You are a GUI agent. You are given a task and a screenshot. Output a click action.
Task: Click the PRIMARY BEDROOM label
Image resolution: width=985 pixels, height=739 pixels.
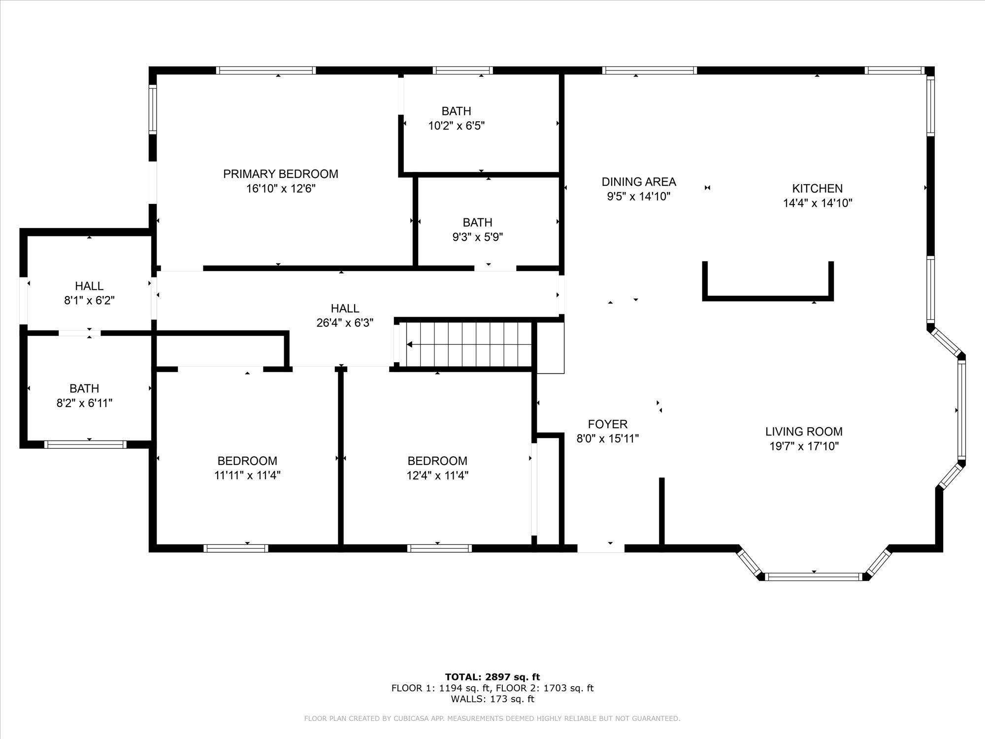(281, 174)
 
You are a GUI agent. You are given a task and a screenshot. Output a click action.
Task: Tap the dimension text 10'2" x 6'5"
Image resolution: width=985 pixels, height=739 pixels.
(457, 126)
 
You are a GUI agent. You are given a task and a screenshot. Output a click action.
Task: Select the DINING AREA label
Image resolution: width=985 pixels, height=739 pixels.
(639, 182)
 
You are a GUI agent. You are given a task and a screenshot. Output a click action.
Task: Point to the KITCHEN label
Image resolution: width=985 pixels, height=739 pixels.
(817, 188)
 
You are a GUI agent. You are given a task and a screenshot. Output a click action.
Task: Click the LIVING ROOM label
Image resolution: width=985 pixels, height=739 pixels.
(804, 432)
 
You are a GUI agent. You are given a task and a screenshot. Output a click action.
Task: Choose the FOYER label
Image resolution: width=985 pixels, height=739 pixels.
(608, 424)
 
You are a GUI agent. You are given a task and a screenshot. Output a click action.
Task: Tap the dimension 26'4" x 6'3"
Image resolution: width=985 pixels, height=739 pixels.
(345, 323)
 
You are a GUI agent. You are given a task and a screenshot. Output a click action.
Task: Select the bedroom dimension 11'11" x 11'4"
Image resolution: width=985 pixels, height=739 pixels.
(247, 475)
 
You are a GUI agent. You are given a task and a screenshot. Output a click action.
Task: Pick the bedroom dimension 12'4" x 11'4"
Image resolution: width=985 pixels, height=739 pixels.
(437, 475)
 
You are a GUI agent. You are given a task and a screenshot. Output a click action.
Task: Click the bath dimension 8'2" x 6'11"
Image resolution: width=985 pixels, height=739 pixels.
(85, 403)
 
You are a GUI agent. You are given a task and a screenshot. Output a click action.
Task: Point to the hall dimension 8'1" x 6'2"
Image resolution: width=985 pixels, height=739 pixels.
(90, 301)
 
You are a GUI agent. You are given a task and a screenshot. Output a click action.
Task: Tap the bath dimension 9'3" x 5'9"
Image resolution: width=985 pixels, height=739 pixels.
(478, 237)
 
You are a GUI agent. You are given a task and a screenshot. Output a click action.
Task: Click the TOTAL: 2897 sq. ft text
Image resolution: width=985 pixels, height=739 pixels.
(492, 677)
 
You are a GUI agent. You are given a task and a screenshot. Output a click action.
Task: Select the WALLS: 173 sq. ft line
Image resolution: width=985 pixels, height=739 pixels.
(492, 699)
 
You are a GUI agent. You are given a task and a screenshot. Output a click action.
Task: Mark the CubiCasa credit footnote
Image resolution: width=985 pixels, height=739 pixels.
(492, 719)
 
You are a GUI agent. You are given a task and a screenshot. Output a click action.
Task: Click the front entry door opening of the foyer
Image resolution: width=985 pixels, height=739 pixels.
(601, 548)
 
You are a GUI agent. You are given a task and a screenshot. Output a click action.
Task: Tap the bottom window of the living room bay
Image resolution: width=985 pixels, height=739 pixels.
(815, 576)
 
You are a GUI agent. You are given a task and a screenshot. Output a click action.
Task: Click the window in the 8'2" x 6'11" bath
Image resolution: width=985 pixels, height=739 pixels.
(85, 444)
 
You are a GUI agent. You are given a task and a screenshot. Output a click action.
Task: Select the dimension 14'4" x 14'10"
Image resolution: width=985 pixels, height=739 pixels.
(818, 203)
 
